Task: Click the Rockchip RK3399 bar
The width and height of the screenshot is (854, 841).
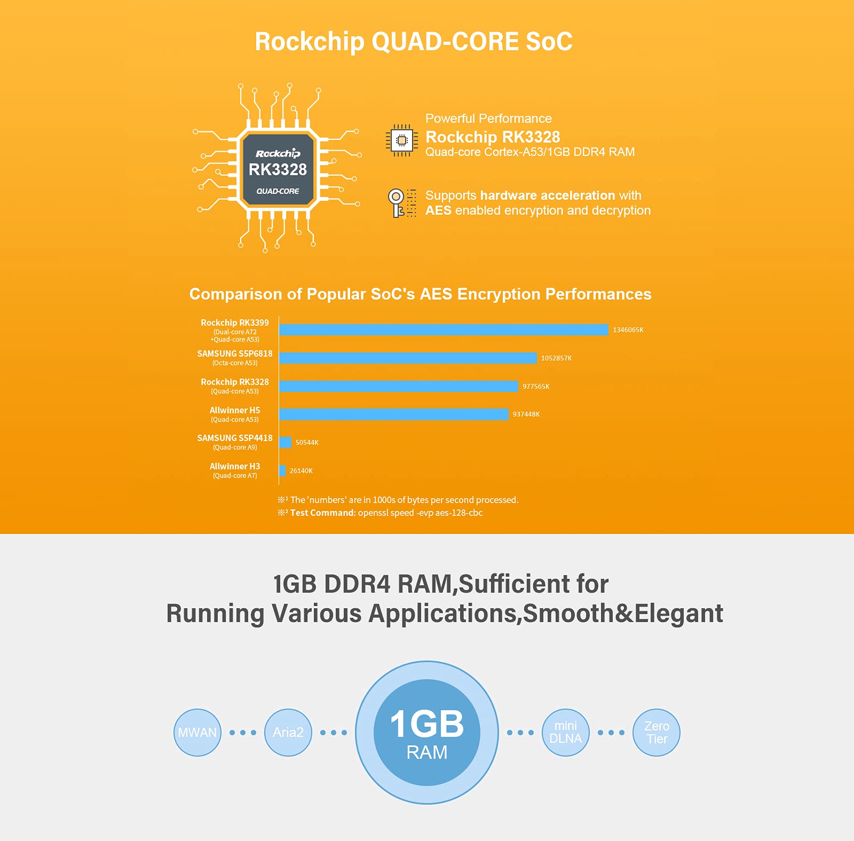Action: tap(444, 330)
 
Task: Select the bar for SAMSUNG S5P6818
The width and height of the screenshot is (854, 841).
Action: tap(408, 358)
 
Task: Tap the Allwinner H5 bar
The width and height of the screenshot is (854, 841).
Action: tap(394, 414)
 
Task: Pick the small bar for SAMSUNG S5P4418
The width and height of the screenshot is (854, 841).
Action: tap(285, 442)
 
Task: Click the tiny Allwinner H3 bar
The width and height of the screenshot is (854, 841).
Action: tap(282, 470)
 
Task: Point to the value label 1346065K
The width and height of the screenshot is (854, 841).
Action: tap(628, 330)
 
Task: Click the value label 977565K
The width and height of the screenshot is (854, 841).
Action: tap(536, 387)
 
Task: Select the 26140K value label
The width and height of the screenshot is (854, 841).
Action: tap(301, 471)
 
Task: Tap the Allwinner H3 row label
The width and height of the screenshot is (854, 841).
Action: tap(235, 470)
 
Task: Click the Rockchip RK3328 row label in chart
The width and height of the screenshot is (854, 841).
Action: tap(235, 386)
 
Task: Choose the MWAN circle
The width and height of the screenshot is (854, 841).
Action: tap(197, 733)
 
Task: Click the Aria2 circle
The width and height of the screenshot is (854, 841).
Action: tap(288, 733)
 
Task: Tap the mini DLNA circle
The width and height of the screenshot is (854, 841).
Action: tap(566, 733)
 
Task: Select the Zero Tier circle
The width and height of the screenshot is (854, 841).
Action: tap(657, 733)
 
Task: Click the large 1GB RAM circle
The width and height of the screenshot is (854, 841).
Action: tap(427, 733)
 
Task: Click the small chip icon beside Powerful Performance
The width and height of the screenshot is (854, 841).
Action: tap(402, 140)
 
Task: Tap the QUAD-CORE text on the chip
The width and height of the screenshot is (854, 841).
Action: tap(278, 191)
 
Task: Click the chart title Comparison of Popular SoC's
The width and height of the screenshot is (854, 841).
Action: tap(302, 294)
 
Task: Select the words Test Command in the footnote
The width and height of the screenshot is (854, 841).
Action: tap(322, 513)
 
